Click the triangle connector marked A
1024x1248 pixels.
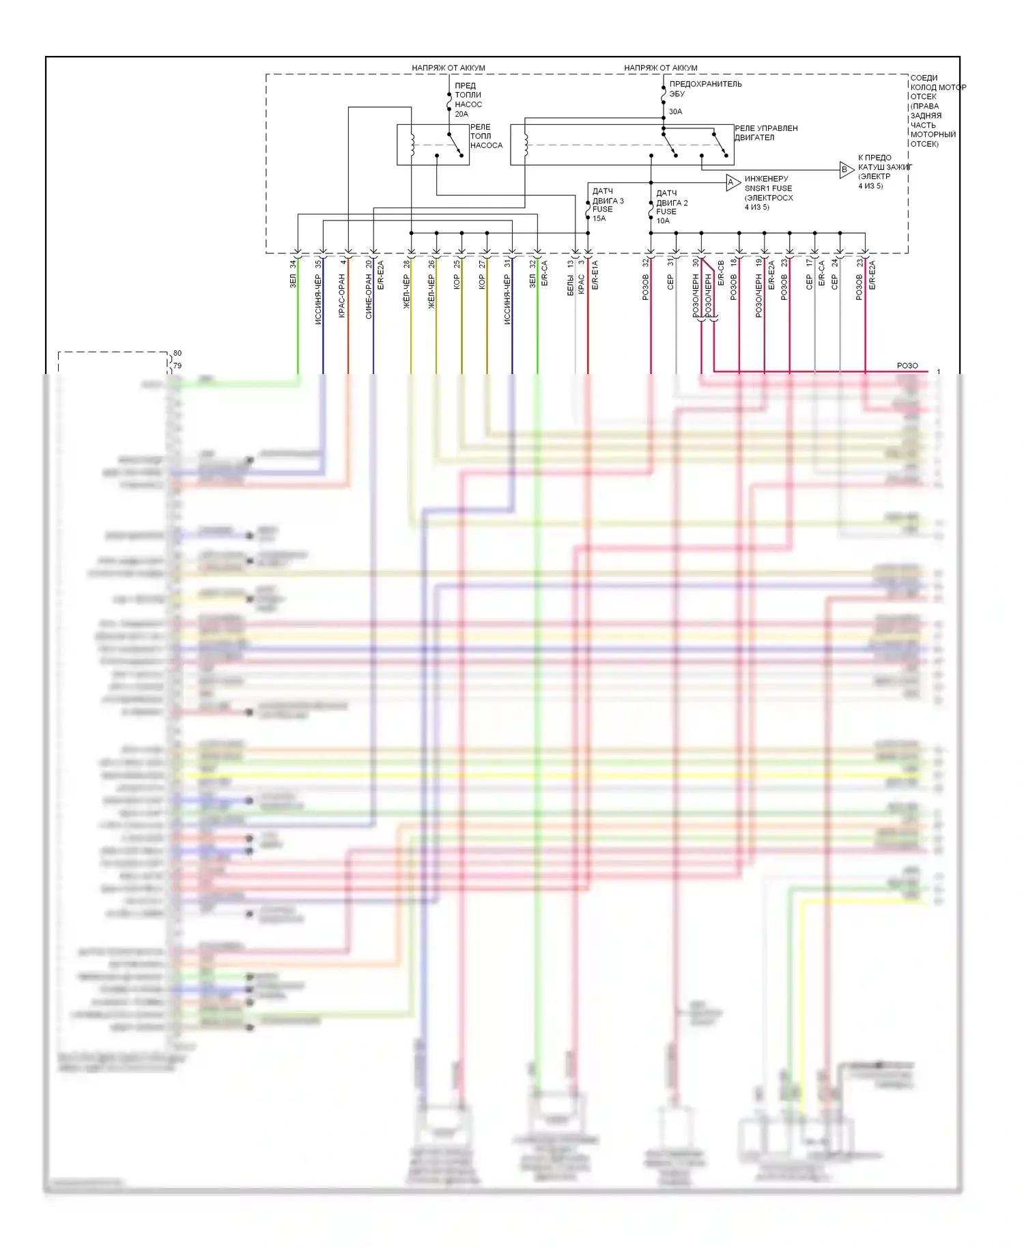732,182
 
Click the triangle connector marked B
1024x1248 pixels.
846,170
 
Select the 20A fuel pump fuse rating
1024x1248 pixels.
461,114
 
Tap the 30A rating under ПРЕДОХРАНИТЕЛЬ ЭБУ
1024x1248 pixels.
675,111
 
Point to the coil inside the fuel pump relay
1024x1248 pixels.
412,145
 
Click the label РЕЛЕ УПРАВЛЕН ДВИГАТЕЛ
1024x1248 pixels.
765,132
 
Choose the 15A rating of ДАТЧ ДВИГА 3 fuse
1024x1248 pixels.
599,218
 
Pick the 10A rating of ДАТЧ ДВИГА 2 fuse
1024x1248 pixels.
663,221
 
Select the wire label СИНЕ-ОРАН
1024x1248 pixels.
369,296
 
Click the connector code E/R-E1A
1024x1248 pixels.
595,275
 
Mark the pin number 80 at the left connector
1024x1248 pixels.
177,353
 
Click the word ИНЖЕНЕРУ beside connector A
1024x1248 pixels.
766,179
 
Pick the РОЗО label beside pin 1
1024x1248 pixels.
907,366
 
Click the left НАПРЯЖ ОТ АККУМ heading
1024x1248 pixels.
449,68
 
